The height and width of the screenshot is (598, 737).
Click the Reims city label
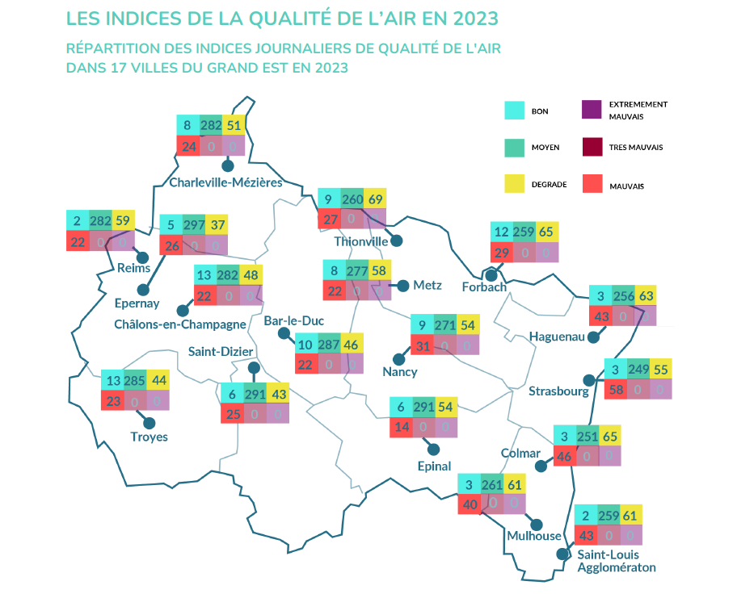133,268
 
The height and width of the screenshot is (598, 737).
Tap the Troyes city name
149,437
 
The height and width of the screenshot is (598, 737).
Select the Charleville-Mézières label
225,182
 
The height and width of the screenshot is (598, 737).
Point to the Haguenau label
557,336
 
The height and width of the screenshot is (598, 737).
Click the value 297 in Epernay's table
194,225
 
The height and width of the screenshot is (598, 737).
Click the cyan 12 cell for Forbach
502,232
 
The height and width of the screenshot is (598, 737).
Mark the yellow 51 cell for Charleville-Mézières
234,125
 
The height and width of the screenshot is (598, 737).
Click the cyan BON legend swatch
514,111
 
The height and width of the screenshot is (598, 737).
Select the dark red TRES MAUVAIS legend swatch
592,147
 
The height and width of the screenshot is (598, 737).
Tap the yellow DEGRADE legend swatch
514,185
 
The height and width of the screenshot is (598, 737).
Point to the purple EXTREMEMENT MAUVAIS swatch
592,110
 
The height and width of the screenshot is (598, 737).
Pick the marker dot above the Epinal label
434,449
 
